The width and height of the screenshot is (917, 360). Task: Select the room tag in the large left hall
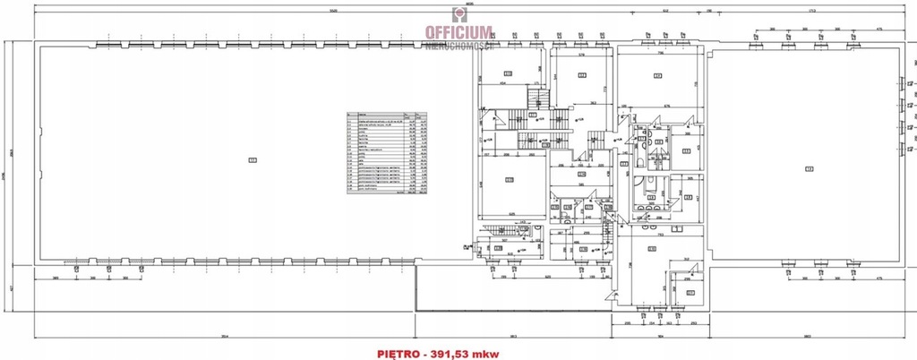(x=252, y=160)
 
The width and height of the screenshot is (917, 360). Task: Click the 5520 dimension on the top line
(x=333, y=11)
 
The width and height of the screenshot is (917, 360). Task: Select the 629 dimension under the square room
(x=511, y=214)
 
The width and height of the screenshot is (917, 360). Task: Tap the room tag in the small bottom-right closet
(x=690, y=292)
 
